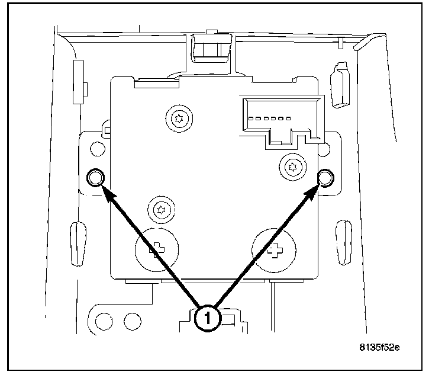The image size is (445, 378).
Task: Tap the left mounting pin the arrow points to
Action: [95, 177]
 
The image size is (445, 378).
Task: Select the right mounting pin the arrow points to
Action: [325, 177]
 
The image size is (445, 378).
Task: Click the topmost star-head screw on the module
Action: [178, 120]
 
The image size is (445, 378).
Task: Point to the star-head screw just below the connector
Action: [291, 167]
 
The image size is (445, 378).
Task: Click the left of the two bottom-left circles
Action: [105, 322]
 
